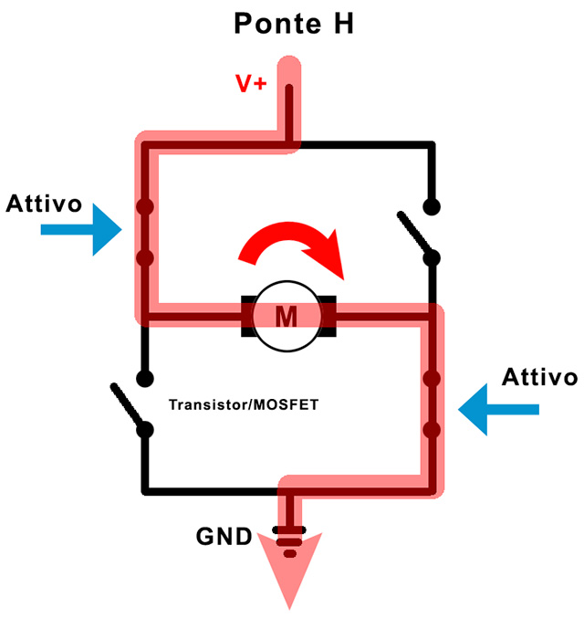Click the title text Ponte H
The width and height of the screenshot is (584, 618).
click(x=293, y=23)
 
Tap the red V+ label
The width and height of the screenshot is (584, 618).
click(x=251, y=84)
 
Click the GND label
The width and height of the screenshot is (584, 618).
click(x=224, y=536)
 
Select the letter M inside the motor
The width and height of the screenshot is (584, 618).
click(x=287, y=316)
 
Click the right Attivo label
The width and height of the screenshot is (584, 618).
click(x=540, y=377)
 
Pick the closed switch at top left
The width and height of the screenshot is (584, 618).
click(x=144, y=232)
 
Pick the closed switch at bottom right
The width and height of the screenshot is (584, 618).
click(x=433, y=403)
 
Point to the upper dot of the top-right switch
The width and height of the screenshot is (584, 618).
click(x=432, y=206)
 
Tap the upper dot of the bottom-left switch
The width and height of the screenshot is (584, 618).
click(x=143, y=377)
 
